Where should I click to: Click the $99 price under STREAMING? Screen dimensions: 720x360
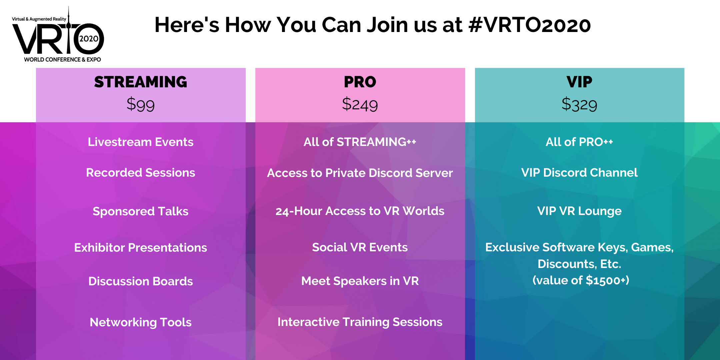tap(141, 104)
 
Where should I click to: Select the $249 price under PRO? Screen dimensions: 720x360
tap(360, 104)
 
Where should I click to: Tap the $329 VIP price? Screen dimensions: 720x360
tap(579, 104)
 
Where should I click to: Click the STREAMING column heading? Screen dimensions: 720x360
tap(141, 82)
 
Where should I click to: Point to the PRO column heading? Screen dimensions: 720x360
tap(360, 82)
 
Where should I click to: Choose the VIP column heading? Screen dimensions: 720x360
tap(579, 82)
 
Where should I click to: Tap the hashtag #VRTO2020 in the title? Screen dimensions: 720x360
tap(529, 25)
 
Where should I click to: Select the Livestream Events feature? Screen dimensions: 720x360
tap(141, 142)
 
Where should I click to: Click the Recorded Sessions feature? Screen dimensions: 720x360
tap(141, 173)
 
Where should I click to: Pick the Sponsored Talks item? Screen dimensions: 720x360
tap(141, 211)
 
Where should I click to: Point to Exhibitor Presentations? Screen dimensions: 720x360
tap(141, 248)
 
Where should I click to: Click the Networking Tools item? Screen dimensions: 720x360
tap(141, 322)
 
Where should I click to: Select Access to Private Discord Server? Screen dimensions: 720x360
tap(360, 173)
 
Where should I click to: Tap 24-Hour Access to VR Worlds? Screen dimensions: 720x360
tap(360, 211)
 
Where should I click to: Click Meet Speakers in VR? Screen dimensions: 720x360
tap(360, 281)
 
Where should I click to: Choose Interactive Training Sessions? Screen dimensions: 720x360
tap(360, 322)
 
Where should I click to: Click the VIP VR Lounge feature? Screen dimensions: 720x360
tap(579, 211)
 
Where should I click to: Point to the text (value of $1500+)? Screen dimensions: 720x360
tap(581, 280)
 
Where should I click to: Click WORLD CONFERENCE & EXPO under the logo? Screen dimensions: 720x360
tap(62, 60)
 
